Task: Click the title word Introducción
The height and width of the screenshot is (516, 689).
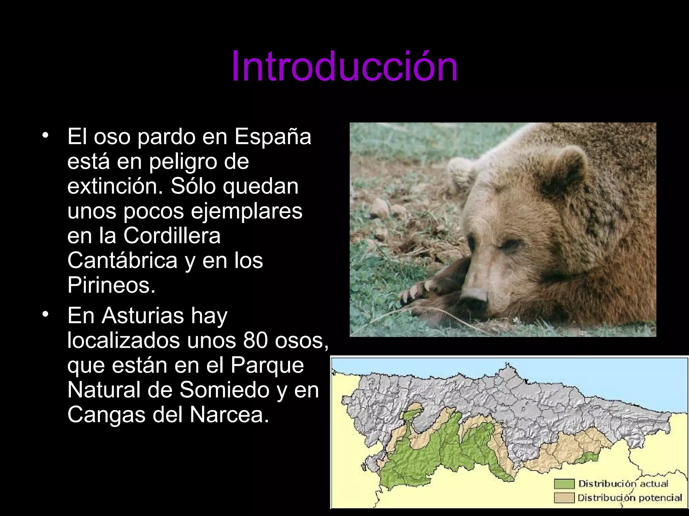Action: coord(344,66)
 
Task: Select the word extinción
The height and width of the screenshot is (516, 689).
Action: coord(115,186)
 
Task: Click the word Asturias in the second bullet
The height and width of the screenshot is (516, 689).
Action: coord(143,316)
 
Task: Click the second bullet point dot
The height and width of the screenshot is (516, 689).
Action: coord(45,315)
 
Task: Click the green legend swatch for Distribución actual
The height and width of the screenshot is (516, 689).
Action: coord(564,484)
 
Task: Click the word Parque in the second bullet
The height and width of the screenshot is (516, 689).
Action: coord(267,365)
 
